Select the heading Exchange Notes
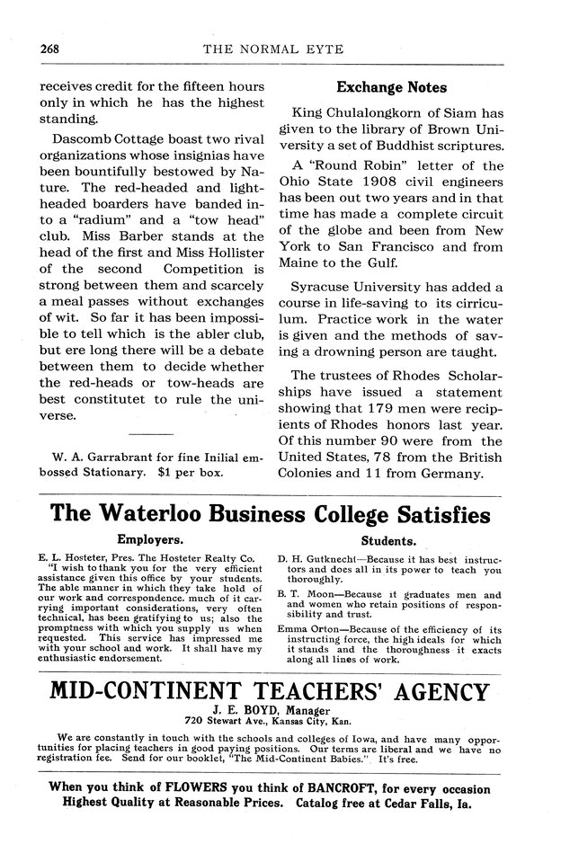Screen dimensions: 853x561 pos(390,88)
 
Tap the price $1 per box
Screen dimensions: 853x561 pos(190,471)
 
